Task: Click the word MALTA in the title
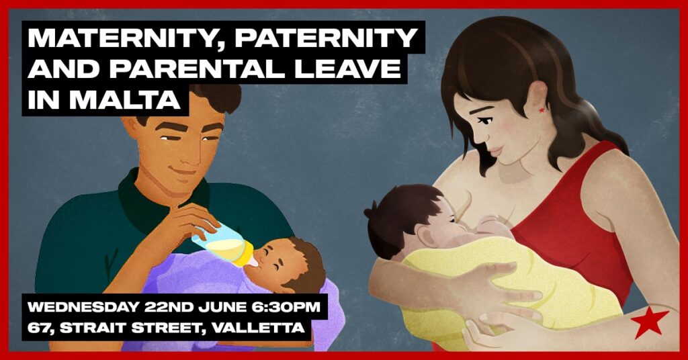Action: point(125,99)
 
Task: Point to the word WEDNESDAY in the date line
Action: point(83,307)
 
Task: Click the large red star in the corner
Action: point(650,322)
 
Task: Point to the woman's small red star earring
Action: point(541,109)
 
